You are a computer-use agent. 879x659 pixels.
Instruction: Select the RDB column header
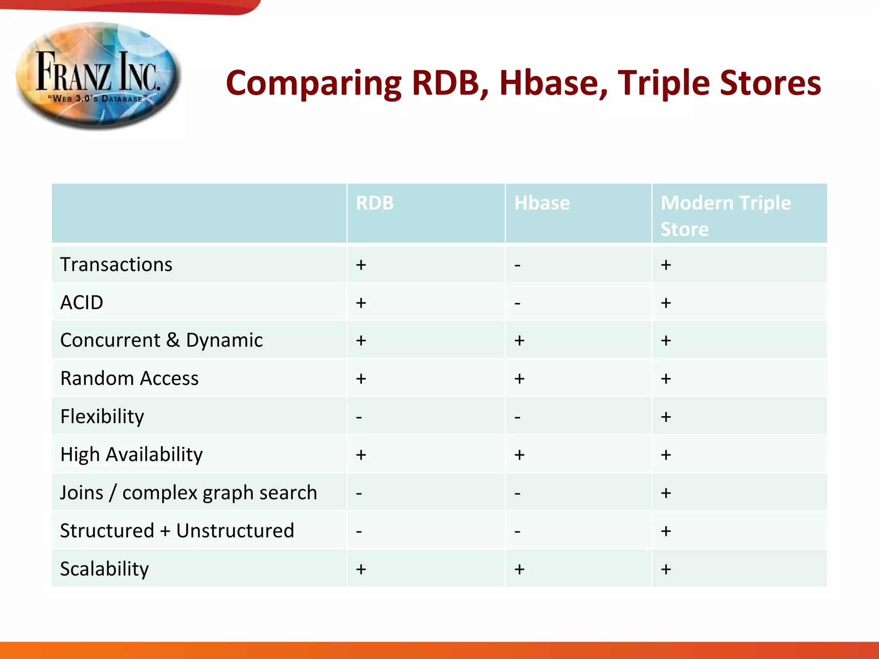tap(375, 203)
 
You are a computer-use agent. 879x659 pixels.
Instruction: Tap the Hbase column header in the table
tap(542, 203)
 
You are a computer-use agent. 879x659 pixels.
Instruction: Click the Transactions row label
tap(116, 264)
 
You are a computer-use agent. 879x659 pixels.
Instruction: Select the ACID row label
tap(82, 302)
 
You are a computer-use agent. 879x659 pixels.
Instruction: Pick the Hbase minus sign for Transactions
tap(518, 266)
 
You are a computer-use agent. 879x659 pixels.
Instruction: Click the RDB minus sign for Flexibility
tap(359, 417)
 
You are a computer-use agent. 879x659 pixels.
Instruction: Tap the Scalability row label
tap(104, 569)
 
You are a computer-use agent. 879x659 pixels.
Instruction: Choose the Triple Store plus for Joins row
tap(666, 493)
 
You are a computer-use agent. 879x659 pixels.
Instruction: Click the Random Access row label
tap(129, 378)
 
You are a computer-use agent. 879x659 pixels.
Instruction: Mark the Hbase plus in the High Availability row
tap(519, 455)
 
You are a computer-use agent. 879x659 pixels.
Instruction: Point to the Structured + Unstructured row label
tap(177, 531)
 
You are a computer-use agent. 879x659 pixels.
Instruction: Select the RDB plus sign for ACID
tap(361, 303)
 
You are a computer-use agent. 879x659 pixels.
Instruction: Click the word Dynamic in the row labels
tap(224, 341)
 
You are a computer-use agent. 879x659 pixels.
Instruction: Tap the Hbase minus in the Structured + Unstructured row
tap(518, 532)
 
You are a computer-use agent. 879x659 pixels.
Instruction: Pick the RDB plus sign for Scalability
tap(361, 569)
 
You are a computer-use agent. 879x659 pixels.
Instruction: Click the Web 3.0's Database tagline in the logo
tap(98, 99)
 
